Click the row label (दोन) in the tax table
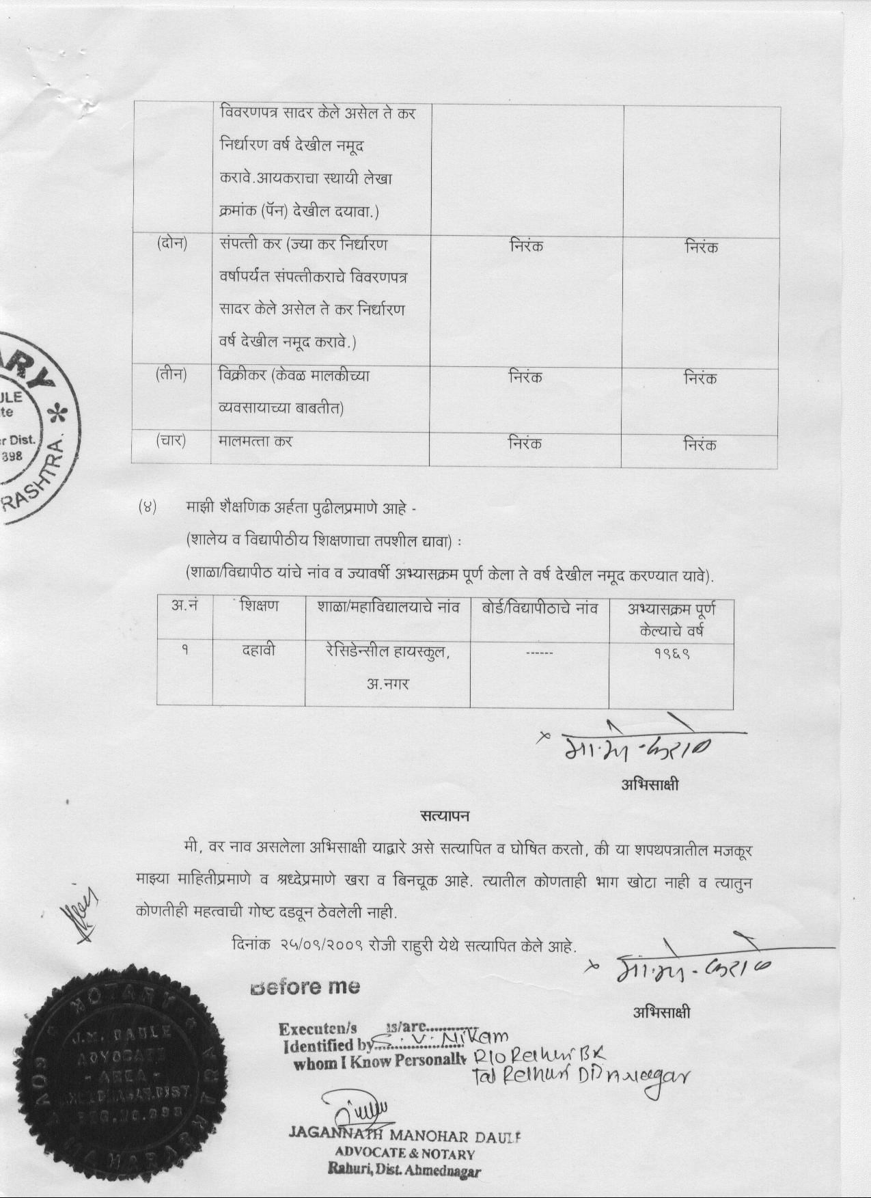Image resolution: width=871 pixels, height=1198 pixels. [171, 244]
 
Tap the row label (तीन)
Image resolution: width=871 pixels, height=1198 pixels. [171, 375]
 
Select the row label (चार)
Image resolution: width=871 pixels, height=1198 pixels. [171, 441]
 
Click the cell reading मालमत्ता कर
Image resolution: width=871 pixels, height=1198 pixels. [255, 441]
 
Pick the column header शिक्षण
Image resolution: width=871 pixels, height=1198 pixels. [259, 606]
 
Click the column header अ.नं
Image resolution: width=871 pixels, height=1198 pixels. [184, 606]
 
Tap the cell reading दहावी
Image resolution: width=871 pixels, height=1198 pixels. [259, 651]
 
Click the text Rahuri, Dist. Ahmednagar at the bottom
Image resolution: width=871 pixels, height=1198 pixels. [404, 1170]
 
